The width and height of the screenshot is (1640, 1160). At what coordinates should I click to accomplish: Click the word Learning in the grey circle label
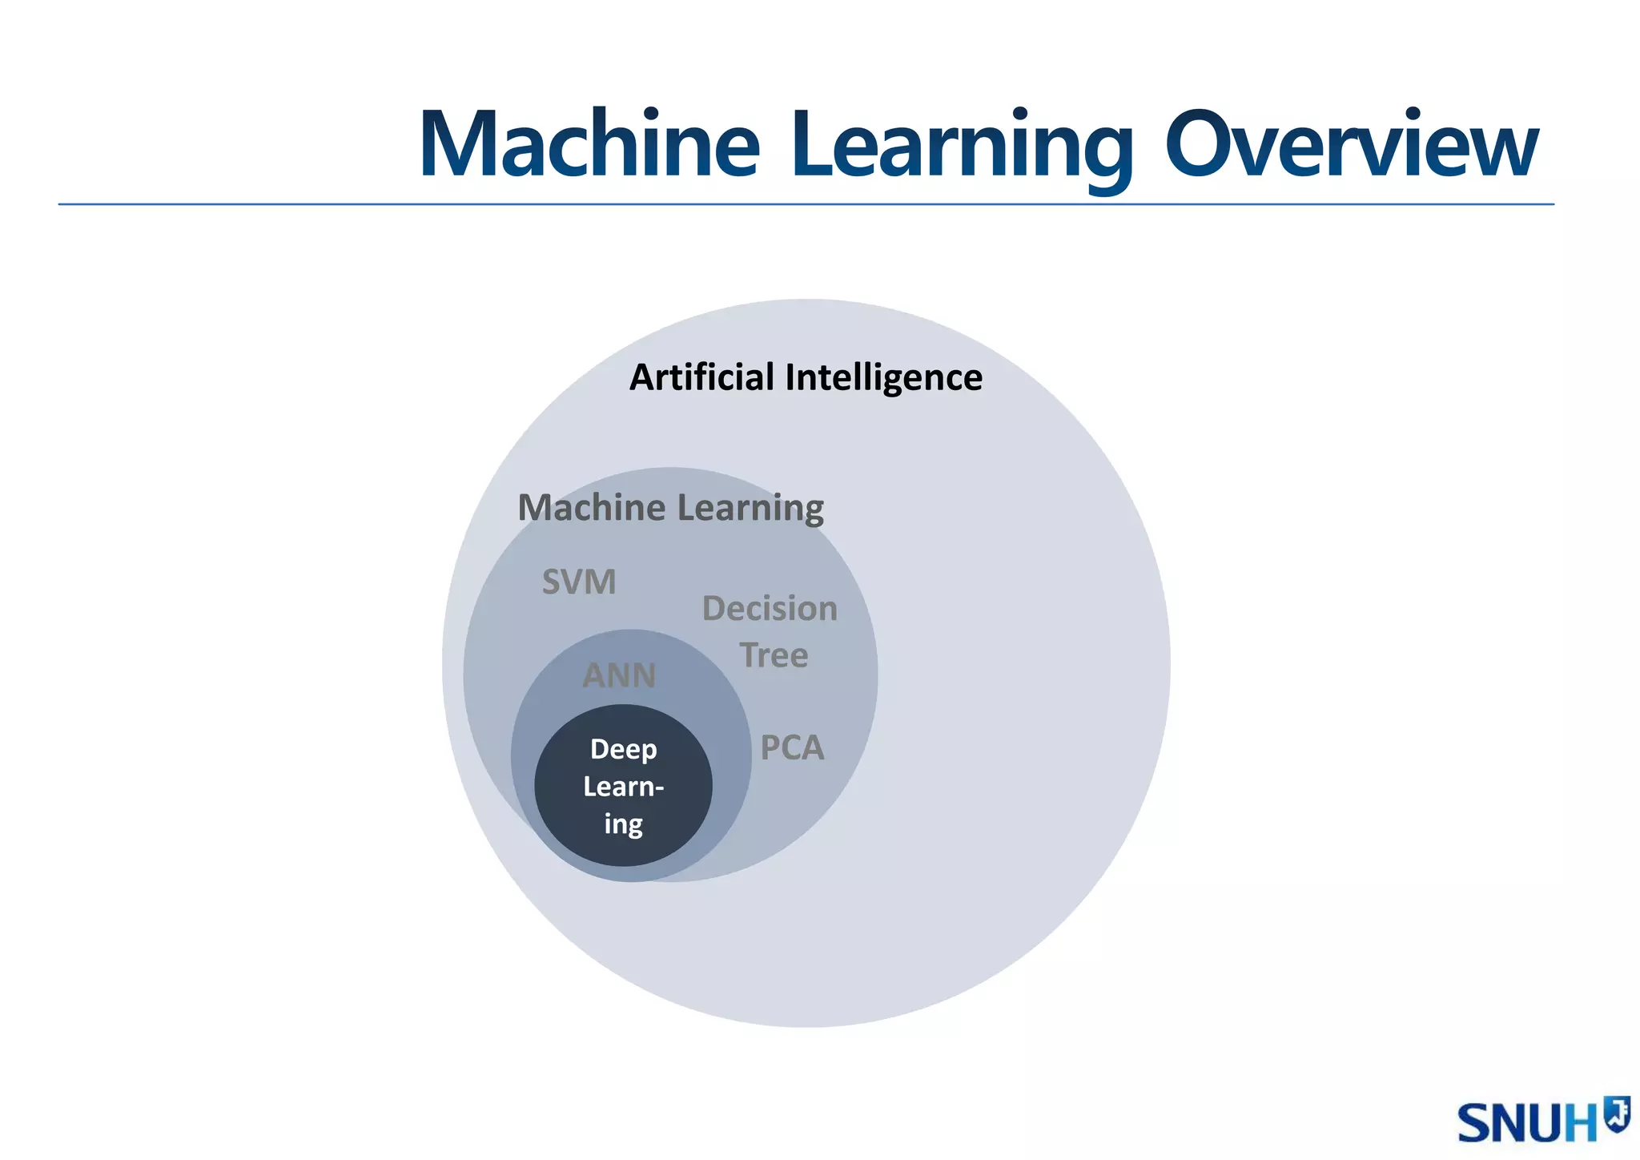pyautogui.click(x=750, y=509)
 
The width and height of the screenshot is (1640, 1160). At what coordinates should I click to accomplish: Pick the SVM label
pyautogui.click(x=579, y=582)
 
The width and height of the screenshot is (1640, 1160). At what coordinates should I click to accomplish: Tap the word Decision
pyautogui.click(x=770, y=609)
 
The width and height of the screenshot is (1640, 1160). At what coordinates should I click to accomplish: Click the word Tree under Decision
pyautogui.click(x=774, y=655)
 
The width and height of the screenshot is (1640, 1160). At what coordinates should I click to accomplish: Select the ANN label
pyautogui.click(x=619, y=675)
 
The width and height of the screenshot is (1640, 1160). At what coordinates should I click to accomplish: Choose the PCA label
pyautogui.click(x=791, y=747)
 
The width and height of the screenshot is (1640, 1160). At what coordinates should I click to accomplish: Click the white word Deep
pyautogui.click(x=623, y=750)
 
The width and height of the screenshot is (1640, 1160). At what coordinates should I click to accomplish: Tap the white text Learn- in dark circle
pyautogui.click(x=623, y=787)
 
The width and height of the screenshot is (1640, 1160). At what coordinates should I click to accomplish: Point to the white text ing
pyautogui.click(x=623, y=824)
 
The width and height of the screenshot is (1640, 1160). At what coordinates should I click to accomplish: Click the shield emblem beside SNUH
pyautogui.click(x=1617, y=1114)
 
